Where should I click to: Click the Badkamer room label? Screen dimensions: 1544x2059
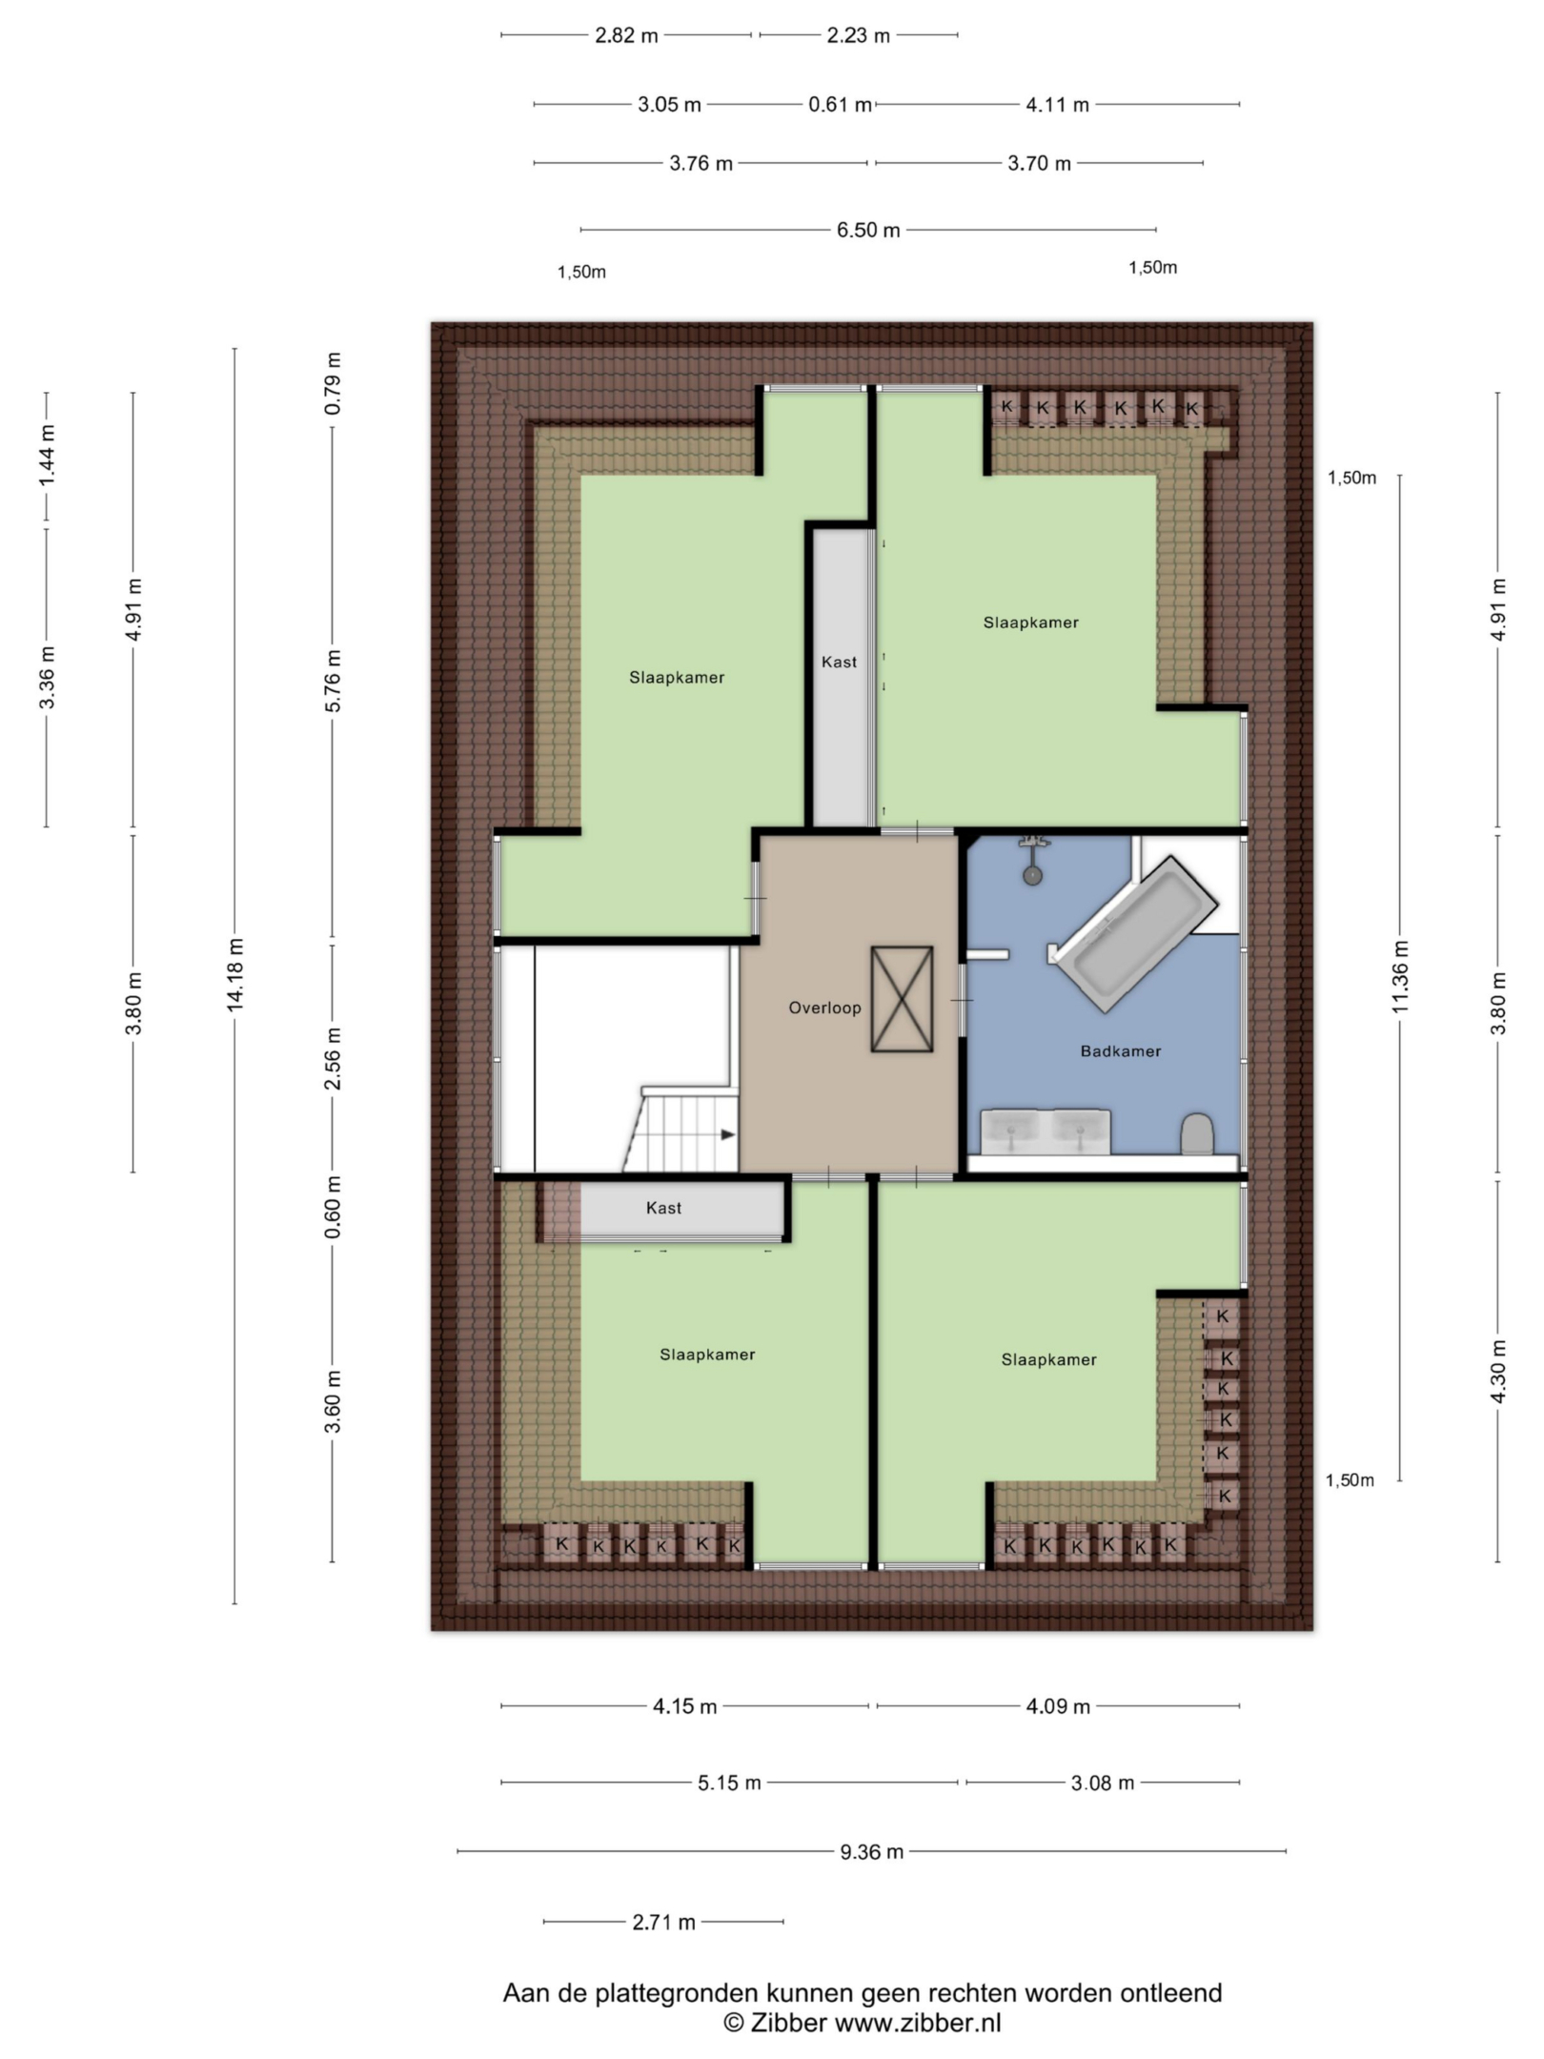pos(1120,1051)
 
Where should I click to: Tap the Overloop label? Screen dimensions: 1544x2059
pos(824,1008)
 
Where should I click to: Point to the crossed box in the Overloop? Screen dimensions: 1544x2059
pos(902,999)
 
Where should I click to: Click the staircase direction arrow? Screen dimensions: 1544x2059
pos(728,1135)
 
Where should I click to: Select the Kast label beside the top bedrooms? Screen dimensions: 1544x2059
pos(839,662)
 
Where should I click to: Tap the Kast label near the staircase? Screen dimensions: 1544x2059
pos(663,1208)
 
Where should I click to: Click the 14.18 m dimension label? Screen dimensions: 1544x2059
pos(235,973)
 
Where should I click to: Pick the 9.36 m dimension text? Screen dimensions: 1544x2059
pos(871,1851)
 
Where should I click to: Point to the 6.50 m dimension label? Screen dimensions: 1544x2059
pos(868,230)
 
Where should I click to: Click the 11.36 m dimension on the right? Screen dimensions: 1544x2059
pos(1400,976)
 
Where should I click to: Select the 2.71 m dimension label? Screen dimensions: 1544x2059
pos(663,1922)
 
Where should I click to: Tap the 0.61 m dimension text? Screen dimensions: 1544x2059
pos(840,105)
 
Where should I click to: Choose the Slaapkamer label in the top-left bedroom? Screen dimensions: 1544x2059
pos(677,678)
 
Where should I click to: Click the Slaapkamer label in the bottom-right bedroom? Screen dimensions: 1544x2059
pos(1048,1360)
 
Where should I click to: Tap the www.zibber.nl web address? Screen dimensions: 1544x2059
pos(918,2023)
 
